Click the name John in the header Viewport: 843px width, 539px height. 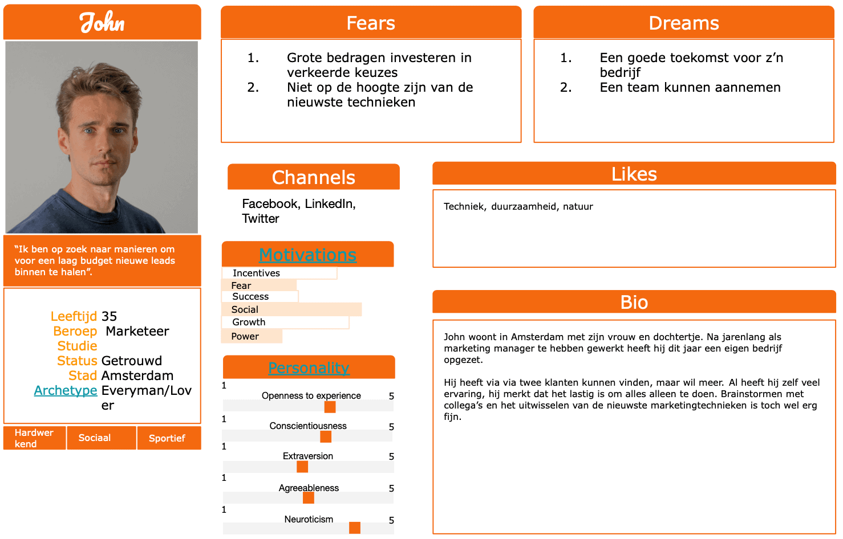click(102, 22)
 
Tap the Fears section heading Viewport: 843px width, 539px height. click(371, 23)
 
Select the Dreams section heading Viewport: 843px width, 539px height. click(684, 23)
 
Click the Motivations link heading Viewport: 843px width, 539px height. click(308, 255)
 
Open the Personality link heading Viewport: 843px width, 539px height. click(309, 368)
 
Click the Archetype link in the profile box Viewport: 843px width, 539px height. click(66, 390)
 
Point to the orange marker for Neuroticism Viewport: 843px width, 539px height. click(355, 528)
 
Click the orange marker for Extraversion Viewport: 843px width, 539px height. click(302, 467)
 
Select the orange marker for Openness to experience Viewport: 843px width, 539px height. click(330, 407)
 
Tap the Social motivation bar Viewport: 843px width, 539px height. click(291, 309)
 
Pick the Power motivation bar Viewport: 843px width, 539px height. click(252, 336)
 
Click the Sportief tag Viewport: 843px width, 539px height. click(167, 438)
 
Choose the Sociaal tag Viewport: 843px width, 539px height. click(95, 438)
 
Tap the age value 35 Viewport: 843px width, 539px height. click(109, 316)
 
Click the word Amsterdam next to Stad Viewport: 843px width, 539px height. click(137, 375)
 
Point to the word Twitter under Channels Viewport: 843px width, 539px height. click(261, 219)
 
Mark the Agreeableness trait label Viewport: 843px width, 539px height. click(309, 488)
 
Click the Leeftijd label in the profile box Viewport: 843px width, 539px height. click(74, 316)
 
